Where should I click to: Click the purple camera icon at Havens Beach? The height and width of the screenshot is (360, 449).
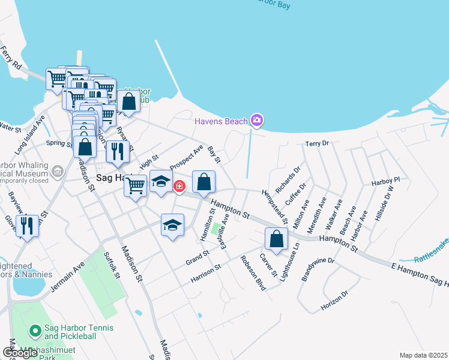(x=257, y=121)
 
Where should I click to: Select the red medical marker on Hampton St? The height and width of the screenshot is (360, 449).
(x=179, y=187)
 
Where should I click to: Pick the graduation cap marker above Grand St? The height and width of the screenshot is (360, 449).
(x=172, y=226)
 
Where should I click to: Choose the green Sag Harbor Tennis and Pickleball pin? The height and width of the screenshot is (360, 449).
(x=35, y=330)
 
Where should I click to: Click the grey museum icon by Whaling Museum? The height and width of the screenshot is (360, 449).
(x=58, y=172)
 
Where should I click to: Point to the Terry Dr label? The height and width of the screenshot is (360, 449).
(x=318, y=144)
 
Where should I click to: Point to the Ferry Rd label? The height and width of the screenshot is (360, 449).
(x=11, y=56)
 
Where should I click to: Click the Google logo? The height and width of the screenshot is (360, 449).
(x=20, y=353)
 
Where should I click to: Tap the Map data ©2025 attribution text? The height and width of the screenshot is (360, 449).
(x=423, y=355)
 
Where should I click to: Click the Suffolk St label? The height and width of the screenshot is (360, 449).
(x=112, y=266)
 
